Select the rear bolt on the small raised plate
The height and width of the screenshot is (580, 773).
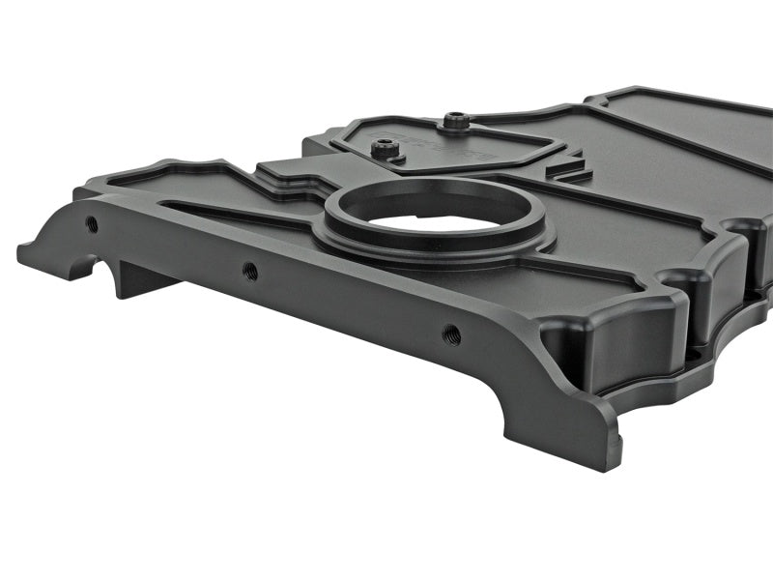coord(454,121)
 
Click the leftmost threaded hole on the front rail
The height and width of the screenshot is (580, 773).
coord(92,223)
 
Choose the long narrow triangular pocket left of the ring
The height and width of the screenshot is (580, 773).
coord(232,214)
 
